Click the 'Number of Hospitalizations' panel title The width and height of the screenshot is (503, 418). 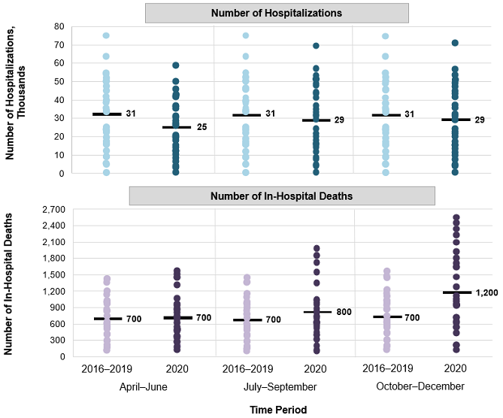277,13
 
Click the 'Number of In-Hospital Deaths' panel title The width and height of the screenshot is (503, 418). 281,195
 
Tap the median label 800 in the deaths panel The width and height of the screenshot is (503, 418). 344,312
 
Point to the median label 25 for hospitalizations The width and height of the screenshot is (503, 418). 201,128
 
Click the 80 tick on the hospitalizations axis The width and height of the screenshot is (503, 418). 58,26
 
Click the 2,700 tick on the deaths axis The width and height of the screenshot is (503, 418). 52,209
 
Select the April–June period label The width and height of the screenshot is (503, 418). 143,386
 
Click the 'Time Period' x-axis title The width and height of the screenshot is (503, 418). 277,410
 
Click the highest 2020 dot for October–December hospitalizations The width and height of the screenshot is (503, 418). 455,43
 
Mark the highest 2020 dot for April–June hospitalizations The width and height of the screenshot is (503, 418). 175,65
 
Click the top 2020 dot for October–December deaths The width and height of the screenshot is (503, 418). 456,218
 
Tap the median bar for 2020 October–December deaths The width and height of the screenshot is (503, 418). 456,292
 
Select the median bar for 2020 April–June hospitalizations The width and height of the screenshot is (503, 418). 175,127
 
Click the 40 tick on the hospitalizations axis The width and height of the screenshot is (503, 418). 58,100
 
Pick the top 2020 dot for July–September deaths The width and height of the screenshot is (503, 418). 317,248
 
